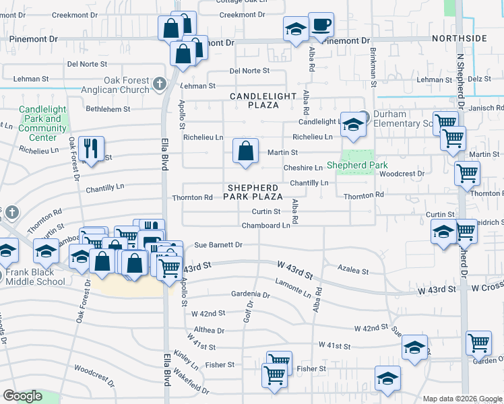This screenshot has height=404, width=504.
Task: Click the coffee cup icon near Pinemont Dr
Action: [x=321, y=26]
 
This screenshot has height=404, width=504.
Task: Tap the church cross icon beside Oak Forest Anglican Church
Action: [x=159, y=83]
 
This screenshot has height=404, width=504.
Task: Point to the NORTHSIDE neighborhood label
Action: [x=460, y=38]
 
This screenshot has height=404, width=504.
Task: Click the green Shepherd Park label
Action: [x=356, y=166]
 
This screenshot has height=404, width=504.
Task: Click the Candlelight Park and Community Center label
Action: [x=42, y=123]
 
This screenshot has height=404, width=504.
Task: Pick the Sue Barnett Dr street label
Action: [x=218, y=246]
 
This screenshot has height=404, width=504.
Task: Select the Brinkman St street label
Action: [x=372, y=69]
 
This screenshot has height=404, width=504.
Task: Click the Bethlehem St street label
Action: [x=108, y=108]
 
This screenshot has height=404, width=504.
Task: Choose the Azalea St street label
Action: [x=353, y=271]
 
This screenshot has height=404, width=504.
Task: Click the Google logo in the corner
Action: [x=23, y=395]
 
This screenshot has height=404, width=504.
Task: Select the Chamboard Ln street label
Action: [x=265, y=226]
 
